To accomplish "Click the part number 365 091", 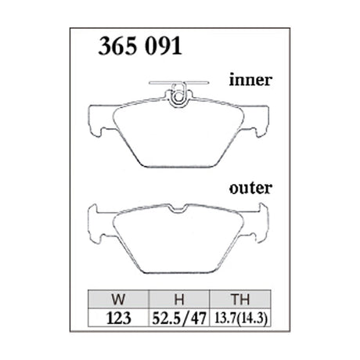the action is coord(140,46).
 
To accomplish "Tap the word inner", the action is coord(250,80).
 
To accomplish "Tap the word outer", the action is coord(250,188).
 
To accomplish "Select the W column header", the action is coord(118,299).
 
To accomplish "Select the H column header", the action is coord(179,299).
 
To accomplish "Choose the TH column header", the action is coord(240,299).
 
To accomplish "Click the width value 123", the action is coord(118,318).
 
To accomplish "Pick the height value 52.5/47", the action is coord(179,319).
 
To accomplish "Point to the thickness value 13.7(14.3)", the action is coord(240,319).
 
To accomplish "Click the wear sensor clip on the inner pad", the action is coord(178,95).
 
